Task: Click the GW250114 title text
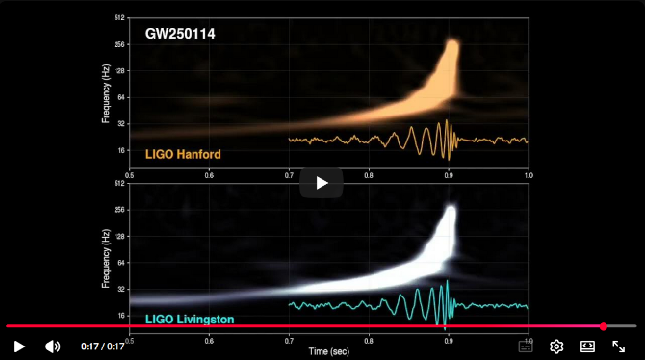(180, 34)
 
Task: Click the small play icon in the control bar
(19, 347)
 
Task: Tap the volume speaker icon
(52, 347)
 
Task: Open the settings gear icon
(556, 347)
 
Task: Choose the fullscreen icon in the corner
(619, 347)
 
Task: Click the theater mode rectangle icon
(587, 347)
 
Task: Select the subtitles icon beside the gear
(526, 347)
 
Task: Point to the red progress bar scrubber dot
(604, 326)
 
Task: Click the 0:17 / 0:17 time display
(103, 347)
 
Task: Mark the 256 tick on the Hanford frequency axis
(120, 44)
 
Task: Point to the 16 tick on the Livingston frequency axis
(122, 316)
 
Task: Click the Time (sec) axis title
(328, 352)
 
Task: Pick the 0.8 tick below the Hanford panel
(369, 176)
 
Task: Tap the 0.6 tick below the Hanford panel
(209, 176)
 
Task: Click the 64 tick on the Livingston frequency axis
(122, 262)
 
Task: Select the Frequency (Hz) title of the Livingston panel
(105, 257)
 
